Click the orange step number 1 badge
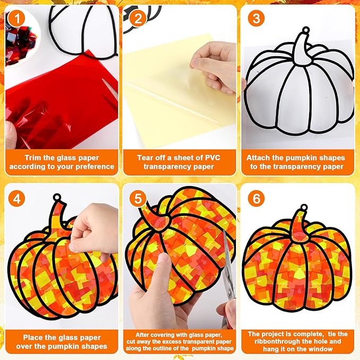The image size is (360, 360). coord(16,19)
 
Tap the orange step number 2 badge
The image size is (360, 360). coord(138,19)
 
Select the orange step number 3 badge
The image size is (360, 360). coord(256,18)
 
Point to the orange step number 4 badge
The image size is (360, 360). coord(17,199)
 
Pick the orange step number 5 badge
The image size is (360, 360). coord(138,198)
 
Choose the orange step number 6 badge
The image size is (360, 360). coord(256,198)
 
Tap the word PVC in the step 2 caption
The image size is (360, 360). coord(213,157)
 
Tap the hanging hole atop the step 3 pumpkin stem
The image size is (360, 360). coord(306,30)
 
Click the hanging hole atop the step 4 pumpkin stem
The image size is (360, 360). coord(57,197)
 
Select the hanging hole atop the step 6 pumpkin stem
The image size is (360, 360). coord(304,207)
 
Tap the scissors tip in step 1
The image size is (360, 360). coord(102,79)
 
